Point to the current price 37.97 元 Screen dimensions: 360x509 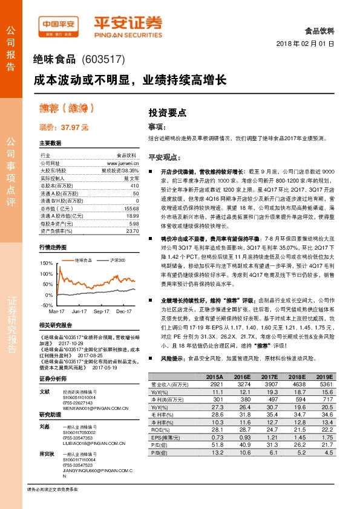pos(64,127)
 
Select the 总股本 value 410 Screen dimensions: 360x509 pos(134,185)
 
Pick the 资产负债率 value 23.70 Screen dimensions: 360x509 pos(133,230)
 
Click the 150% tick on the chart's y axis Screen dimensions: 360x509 pos(47,263)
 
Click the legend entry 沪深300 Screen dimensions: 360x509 pos(119,259)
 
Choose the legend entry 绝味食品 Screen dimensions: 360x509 pos(84,259)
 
